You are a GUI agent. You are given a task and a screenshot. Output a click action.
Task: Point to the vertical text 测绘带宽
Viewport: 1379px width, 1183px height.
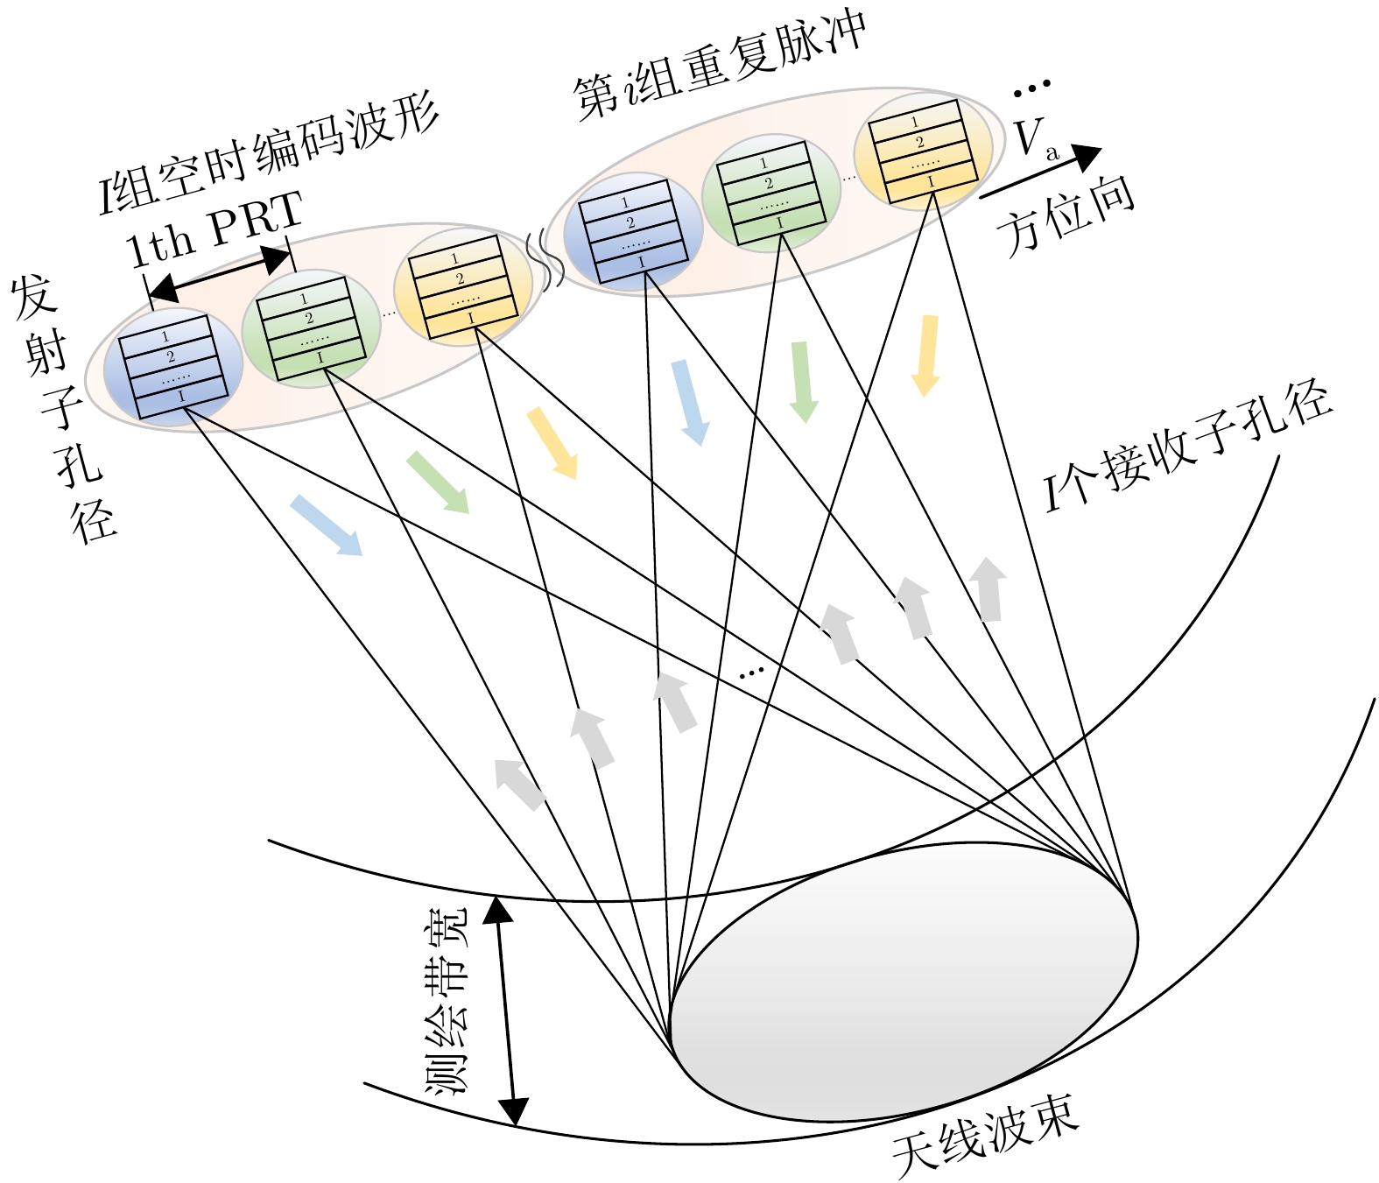click(x=447, y=1003)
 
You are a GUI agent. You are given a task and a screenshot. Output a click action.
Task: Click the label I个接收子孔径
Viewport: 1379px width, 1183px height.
click(x=1186, y=447)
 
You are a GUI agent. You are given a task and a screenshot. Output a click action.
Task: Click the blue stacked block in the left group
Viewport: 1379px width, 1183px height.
click(x=172, y=367)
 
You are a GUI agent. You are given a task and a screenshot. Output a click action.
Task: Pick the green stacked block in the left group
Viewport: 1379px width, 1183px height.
click(x=311, y=327)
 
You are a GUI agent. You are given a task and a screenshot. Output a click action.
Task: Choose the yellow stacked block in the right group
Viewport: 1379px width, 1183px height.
click(x=923, y=151)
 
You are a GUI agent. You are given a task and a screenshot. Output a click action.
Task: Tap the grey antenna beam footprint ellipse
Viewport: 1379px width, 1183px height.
click(x=902, y=981)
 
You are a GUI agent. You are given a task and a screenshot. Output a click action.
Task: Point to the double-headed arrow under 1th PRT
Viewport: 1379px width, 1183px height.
click(x=219, y=273)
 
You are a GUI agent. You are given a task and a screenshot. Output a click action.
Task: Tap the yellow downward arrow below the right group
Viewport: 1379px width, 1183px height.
click(x=926, y=355)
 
